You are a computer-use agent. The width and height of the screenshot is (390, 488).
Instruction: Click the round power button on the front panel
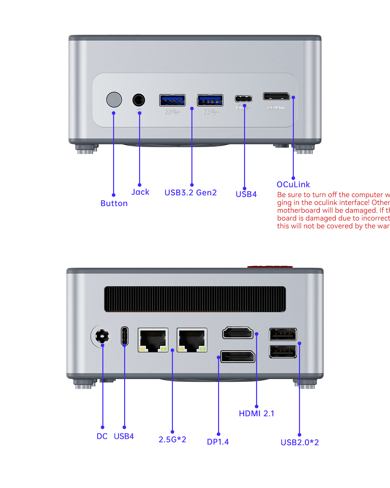[x=114, y=100]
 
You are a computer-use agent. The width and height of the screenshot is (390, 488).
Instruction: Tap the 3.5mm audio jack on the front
[x=139, y=100]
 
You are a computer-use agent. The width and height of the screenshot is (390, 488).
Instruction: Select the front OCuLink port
[x=276, y=96]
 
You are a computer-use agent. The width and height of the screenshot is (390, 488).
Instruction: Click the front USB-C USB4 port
[x=244, y=99]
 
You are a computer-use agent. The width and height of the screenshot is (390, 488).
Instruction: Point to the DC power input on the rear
[x=102, y=336]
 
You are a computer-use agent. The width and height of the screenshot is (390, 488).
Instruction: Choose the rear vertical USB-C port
[x=124, y=336]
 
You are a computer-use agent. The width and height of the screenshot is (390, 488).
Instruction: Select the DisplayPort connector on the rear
[x=238, y=357]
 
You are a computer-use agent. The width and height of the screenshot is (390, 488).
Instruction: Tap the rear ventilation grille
[x=195, y=299]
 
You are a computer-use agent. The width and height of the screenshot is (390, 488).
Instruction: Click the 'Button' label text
[x=114, y=204]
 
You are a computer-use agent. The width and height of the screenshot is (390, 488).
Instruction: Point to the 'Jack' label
[x=140, y=192]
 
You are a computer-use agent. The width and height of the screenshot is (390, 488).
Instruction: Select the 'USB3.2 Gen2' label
[x=190, y=193]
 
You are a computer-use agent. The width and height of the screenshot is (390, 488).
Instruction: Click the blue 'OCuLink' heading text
[x=293, y=184]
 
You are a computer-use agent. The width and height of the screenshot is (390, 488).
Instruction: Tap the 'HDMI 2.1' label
[x=256, y=413]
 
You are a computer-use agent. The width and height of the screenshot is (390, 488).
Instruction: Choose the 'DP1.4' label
[x=218, y=442]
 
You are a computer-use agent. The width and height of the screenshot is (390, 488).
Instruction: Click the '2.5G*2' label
[x=172, y=440]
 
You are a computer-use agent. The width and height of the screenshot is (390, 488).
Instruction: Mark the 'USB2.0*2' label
[x=300, y=442]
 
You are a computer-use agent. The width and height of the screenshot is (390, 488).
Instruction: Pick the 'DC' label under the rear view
[x=102, y=436]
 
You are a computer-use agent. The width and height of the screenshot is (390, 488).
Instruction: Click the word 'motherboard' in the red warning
[x=297, y=210]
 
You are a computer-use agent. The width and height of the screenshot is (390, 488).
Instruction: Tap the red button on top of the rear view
[x=270, y=267]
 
